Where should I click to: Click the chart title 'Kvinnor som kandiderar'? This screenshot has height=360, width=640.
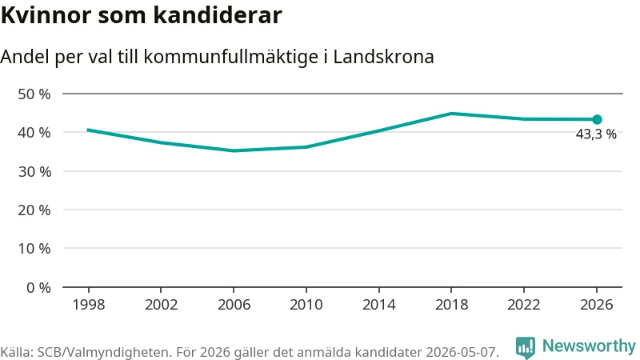point(142,15)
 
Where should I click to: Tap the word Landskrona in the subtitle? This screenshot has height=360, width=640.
point(383,57)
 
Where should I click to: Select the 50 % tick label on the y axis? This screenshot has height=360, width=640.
point(34,94)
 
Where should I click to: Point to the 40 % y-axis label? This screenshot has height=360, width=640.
point(34,133)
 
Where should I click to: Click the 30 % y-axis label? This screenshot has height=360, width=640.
point(34,171)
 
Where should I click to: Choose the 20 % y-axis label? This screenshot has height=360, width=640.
point(34,210)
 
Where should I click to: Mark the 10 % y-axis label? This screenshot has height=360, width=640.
point(34,249)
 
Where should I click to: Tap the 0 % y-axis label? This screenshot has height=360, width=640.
point(38,288)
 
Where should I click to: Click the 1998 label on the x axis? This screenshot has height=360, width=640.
point(89,305)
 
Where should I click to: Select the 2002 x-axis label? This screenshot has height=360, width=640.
point(162,305)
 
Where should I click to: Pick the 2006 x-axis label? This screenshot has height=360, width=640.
point(234,305)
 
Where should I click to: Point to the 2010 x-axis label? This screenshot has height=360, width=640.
point(306,305)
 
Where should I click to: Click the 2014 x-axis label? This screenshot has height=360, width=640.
point(378,305)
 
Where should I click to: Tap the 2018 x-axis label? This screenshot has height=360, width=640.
point(451,305)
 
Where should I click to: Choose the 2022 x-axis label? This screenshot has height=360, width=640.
point(524,305)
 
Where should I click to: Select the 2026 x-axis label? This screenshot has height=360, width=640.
point(597,305)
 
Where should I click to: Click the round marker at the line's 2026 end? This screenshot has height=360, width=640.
point(597,119)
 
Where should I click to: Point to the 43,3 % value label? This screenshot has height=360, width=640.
point(596,134)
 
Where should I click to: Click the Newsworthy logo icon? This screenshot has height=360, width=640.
point(526,347)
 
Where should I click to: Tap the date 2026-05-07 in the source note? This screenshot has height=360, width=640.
point(462,352)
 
